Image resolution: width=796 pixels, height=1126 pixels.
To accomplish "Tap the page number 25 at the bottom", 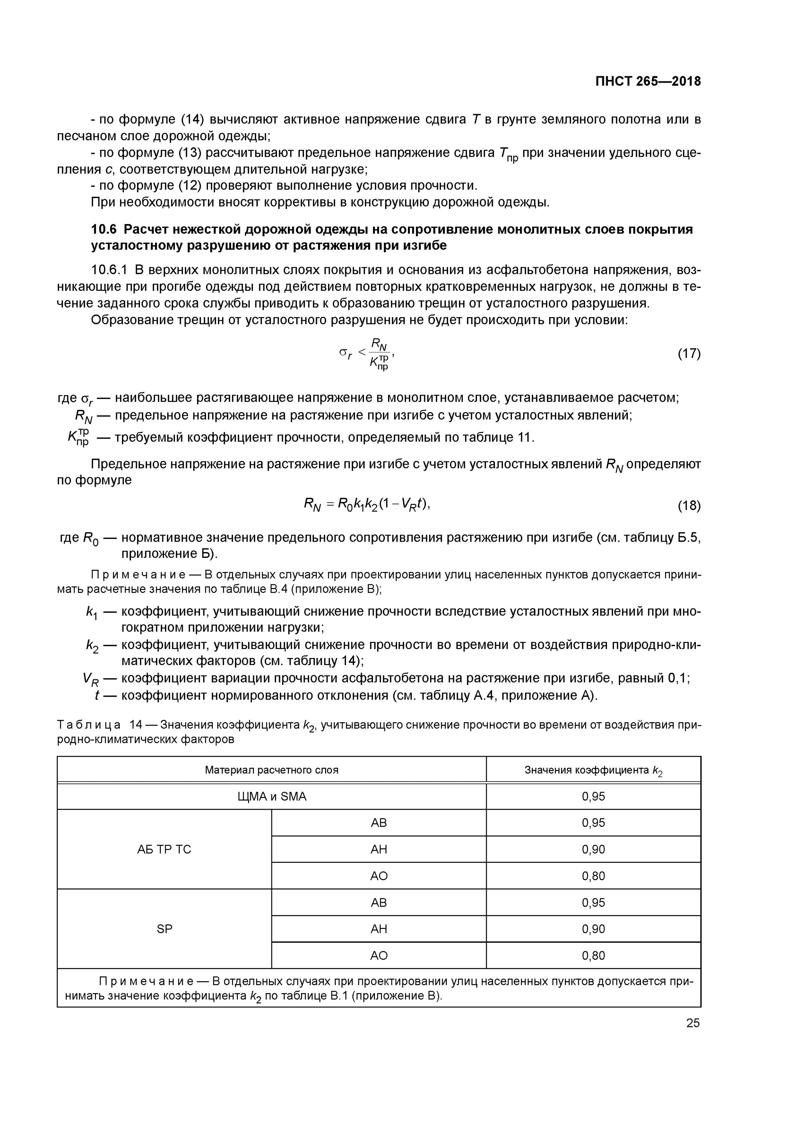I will pyautogui.click(x=692, y=1023).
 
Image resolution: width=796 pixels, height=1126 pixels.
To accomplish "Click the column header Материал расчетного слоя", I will pyautogui.click(x=271, y=770).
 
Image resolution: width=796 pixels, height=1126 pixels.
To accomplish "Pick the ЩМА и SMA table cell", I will pyautogui.click(x=271, y=796).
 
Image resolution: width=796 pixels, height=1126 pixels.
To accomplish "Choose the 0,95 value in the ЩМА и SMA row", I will pyautogui.click(x=593, y=796).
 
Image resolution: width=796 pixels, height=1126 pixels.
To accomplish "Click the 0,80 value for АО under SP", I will pyautogui.click(x=593, y=955).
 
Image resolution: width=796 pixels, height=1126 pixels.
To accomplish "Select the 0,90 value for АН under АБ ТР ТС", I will pyautogui.click(x=593, y=849).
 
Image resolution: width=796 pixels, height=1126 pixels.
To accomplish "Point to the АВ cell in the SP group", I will pyautogui.click(x=379, y=902).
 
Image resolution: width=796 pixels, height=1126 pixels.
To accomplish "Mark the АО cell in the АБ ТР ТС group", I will pyautogui.click(x=379, y=876).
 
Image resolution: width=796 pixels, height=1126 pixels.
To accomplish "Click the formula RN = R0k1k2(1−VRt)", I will pyautogui.click(x=367, y=504).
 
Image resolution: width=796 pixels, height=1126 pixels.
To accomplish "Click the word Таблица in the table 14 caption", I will pyautogui.click(x=89, y=724).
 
